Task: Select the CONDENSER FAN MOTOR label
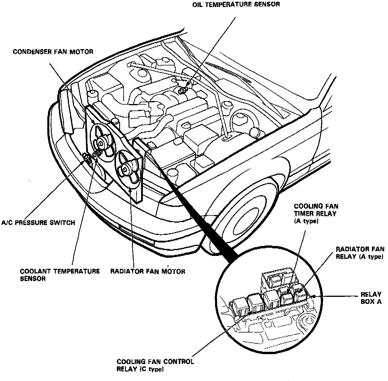tap(53, 52)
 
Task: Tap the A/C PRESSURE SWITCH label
tap(38, 223)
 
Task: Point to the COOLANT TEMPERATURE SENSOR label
tap(60, 275)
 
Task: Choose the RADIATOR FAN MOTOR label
tap(148, 271)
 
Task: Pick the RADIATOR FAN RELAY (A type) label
tap(360, 253)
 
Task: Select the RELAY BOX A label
tap(371, 298)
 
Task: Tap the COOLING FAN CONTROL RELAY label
tap(155, 365)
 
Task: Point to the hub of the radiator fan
tap(125, 169)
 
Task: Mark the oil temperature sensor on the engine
tap(183, 90)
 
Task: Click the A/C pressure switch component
tap(87, 157)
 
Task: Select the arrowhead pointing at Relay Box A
tap(313, 296)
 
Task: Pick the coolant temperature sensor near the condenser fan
tap(97, 153)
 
